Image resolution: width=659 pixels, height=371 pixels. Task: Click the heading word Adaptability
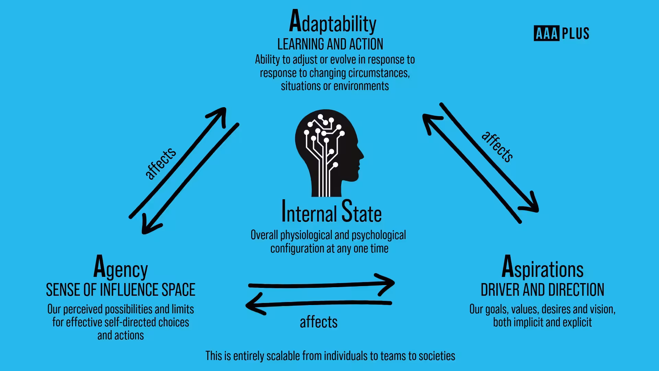(333, 21)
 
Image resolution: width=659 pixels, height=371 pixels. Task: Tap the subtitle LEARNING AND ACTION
(330, 44)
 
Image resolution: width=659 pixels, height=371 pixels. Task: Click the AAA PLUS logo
(562, 33)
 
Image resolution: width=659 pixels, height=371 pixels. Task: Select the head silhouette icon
(329, 153)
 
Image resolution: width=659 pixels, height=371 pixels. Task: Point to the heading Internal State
(331, 212)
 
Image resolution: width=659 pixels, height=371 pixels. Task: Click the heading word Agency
(120, 267)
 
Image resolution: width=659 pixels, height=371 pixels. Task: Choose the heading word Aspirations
(542, 267)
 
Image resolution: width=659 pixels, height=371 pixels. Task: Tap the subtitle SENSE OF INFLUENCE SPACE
(120, 290)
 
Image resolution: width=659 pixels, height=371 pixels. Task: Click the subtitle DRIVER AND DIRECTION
(542, 290)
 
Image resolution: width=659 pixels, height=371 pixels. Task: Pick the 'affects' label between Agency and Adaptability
(160, 163)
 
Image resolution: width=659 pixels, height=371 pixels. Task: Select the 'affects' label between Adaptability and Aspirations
(497, 146)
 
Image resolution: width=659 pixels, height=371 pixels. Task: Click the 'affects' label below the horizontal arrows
(319, 322)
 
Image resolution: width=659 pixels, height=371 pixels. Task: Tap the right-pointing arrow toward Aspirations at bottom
(321, 285)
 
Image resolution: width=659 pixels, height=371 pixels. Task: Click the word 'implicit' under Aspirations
(531, 323)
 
